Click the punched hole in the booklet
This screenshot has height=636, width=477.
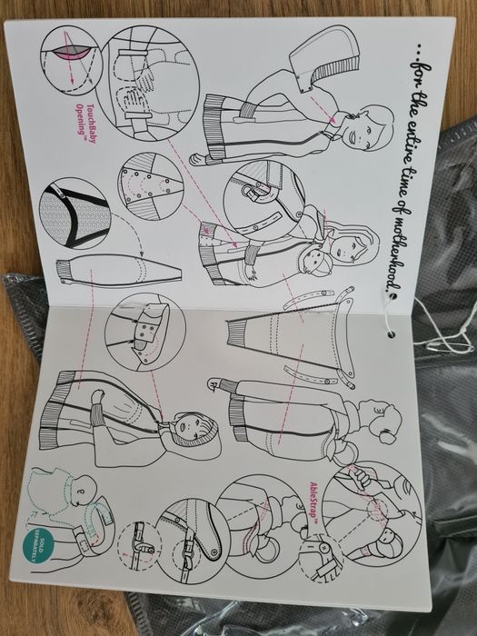pyautogui.click(x=392, y=334)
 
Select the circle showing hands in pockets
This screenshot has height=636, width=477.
pyautogui.click(x=150, y=84)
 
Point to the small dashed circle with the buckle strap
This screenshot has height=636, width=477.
pyautogui.click(x=140, y=546)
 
